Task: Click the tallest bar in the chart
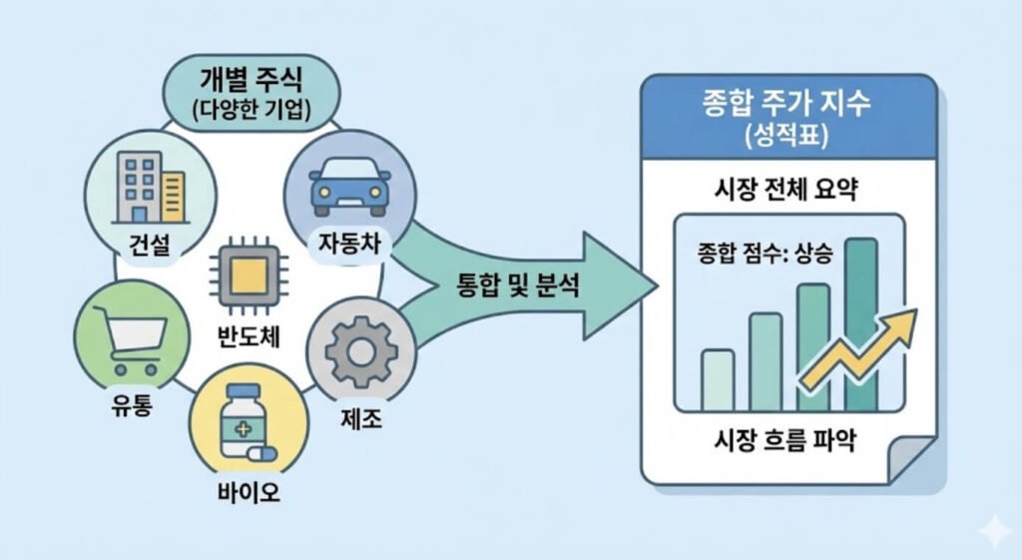pyautogui.click(x=861, y=324)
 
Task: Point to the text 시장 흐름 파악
pyautogui.click(x=788, y=441)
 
